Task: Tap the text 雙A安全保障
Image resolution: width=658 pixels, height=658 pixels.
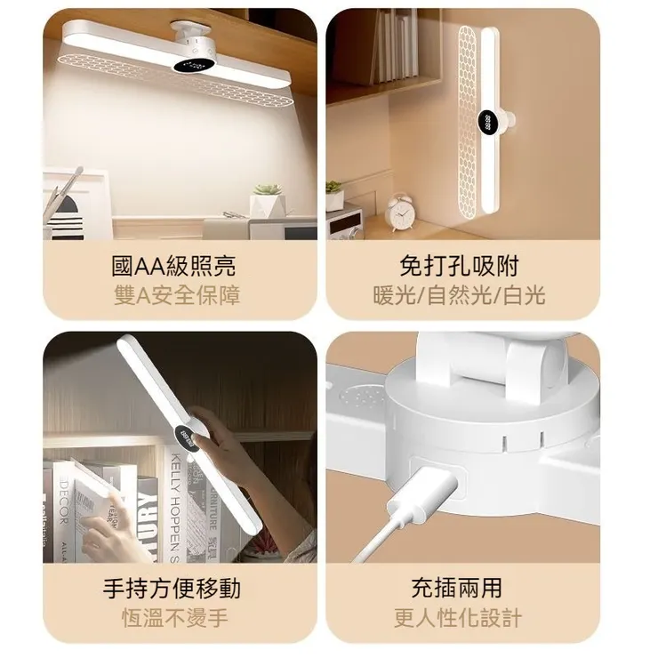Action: [x=175, y=294]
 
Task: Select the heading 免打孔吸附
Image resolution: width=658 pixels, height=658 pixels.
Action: [x=458, y=265]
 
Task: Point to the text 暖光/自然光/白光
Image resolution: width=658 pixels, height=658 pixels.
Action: [x=458, y=294]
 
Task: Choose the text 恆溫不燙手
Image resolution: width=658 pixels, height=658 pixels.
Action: [x=174, y=617]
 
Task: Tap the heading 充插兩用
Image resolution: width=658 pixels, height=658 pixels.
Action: [x=457, y=588]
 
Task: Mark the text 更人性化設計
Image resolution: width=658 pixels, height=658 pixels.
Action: [x=457, y=617]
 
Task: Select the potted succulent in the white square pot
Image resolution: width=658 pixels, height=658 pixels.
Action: [x=266, y=201]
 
